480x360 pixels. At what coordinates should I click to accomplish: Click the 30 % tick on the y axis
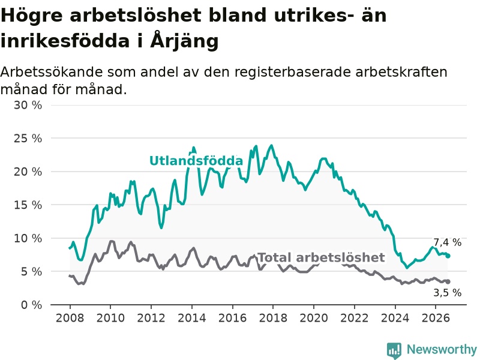(28, 106)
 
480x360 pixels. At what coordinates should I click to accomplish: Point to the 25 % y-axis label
(28, 139)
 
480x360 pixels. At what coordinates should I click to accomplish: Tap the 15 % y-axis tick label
(28, 205)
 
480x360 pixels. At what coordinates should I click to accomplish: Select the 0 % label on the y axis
(31, 305)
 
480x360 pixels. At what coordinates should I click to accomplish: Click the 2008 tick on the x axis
(70, 318)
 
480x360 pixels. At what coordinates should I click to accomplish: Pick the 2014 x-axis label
(192, 318)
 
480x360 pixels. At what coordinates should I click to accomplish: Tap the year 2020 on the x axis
(314, 318)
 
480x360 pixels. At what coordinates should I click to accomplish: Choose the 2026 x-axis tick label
(436, 318)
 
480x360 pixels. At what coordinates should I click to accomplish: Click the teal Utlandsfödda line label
(196, 161)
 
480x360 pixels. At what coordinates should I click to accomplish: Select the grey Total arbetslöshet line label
(322, 257)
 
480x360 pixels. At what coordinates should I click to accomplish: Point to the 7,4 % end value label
(447, 242)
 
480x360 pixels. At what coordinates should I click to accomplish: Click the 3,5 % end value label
(447, 293)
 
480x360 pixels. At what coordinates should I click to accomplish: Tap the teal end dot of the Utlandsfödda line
(448, 256)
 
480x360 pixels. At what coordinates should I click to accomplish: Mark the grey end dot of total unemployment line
(448, 281)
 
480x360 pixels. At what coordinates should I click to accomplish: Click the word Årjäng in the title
(184, 40)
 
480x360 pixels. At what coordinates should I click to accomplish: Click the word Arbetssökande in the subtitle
(52, 72)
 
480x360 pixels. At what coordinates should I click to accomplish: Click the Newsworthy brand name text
(442, 349)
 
